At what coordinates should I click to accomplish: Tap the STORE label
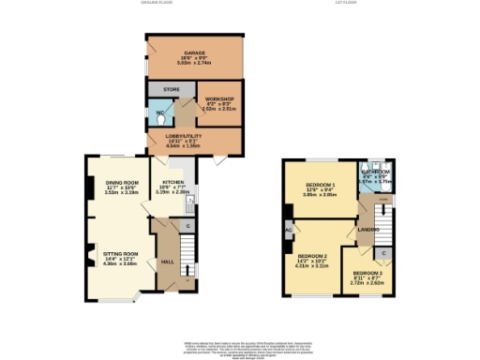[171, 89]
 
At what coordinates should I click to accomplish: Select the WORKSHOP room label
[218, 98]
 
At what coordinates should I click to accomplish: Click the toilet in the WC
[160, 119]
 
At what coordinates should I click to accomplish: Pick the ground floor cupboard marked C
[187, 226]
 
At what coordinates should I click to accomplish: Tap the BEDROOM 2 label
[312, 255]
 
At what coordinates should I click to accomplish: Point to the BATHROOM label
[379, 172]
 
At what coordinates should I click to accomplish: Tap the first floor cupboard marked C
[384, 252]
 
